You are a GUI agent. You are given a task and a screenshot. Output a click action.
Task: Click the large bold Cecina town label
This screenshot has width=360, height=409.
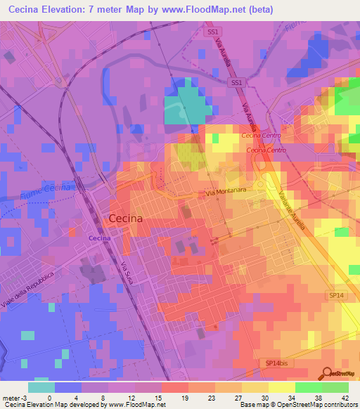click(127, 219)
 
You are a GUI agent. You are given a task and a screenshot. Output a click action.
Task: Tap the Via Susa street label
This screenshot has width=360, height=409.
click(127, 272)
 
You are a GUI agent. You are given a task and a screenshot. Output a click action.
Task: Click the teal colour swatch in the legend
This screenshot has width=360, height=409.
click(41, 387)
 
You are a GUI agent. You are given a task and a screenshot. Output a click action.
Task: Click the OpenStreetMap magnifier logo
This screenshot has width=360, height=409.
click(327, 374)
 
